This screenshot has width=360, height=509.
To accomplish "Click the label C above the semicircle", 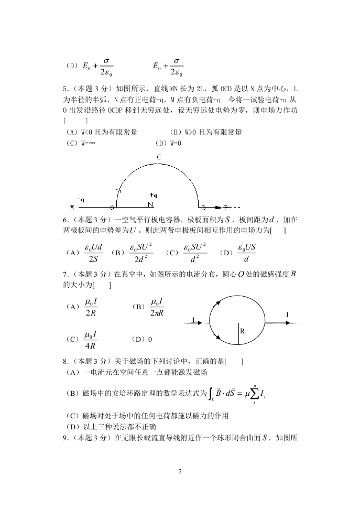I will (158, 157).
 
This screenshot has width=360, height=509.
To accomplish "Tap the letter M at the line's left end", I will (72, 208).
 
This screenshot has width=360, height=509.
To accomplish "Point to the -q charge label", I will (81, 200).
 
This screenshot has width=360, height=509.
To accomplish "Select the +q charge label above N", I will (153, 195).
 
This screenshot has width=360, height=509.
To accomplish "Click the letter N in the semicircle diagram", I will (150, 204).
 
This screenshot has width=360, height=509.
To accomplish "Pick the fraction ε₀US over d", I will (246, 252).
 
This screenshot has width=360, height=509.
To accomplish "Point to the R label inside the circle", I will (243, 332).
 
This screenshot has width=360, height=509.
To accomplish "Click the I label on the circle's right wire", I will (287, 315).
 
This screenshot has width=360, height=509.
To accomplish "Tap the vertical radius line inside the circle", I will (238, 333).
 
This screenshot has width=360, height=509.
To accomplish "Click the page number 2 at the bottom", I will (180, 471).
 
